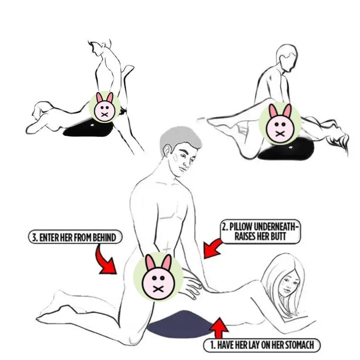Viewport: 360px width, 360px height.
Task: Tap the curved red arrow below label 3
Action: point(106,261)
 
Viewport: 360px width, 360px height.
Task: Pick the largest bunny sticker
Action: point(158,277)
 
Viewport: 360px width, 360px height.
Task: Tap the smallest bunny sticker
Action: point(105,107)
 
